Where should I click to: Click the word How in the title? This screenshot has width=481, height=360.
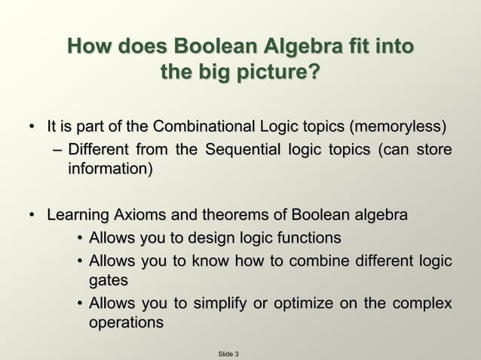coord(89,47)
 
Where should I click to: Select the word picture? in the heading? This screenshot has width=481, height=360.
coord(274,74)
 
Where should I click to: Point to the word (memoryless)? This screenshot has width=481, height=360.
coord(393,125)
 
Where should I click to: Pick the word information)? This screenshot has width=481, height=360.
coord(110,169)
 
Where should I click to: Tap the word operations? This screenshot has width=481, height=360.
coord(126,323)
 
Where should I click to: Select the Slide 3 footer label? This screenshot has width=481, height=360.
coord(228,353)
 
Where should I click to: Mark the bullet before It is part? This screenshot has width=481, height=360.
coord(33,126)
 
